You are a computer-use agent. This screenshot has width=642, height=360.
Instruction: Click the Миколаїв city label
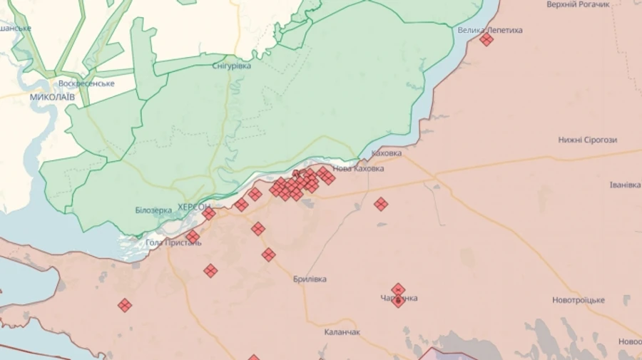[52, 96]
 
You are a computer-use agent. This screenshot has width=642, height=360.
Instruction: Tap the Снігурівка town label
[232, 66]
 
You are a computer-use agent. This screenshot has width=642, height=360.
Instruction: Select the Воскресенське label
[86, 83]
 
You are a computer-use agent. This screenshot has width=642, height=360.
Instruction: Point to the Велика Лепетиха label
[490, 30]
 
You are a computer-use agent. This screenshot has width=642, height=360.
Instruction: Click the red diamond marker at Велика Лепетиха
[486, 40]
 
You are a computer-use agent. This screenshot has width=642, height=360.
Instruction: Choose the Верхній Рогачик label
[579, 5]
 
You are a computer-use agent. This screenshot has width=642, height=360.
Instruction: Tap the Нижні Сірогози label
[588, 140]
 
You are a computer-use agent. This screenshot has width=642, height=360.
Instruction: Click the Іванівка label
[626, 185]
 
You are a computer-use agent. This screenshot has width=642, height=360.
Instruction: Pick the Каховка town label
[387, 153]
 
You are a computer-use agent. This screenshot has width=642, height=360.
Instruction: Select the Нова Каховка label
[358, 169]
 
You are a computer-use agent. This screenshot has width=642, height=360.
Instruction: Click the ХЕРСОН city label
[193, 206]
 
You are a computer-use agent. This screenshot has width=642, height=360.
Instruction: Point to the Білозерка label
[153, 210]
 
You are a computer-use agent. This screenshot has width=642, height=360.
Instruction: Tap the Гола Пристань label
[173, 242]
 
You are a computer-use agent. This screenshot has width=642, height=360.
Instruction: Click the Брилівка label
[310, 279]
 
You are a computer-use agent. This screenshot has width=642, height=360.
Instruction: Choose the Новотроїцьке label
[579, 300]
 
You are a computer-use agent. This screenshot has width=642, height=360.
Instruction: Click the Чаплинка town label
[399, 299]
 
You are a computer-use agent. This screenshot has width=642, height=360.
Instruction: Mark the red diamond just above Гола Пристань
[193, 237]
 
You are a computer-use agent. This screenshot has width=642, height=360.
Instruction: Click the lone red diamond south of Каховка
[381, 204]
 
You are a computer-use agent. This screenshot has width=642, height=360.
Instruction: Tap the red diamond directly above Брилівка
[268, 254]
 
